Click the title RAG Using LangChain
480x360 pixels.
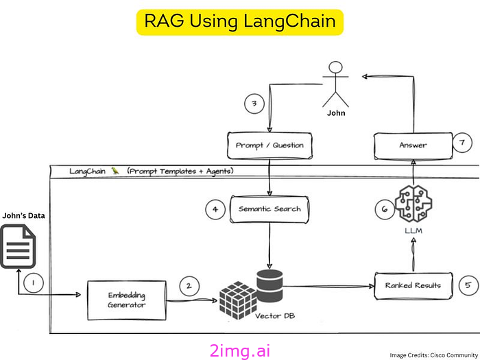[x=239, y=21]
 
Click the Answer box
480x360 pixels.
[x=413, y=145]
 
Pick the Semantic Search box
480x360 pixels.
[x=269, y=208]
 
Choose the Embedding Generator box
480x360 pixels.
[x=126, y=299]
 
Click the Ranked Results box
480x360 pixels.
[x=413, y=284]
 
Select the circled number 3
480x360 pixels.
[x=254, y=104]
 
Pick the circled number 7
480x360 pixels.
[x=462, y=143]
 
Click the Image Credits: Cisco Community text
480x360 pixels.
[x=431, y=355]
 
